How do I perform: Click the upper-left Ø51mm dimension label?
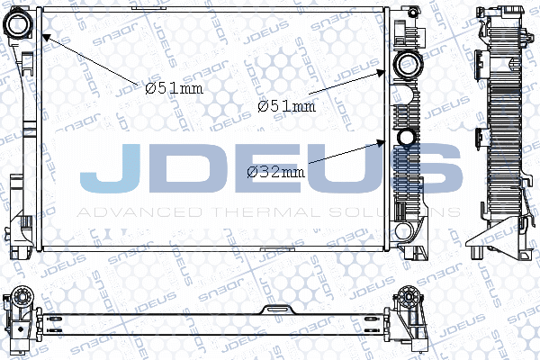175,87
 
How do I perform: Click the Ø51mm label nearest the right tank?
286,105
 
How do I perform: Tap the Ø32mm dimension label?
275,171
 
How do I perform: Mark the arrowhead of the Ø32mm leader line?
388,142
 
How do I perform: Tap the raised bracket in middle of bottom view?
271,310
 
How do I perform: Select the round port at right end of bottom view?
409,298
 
